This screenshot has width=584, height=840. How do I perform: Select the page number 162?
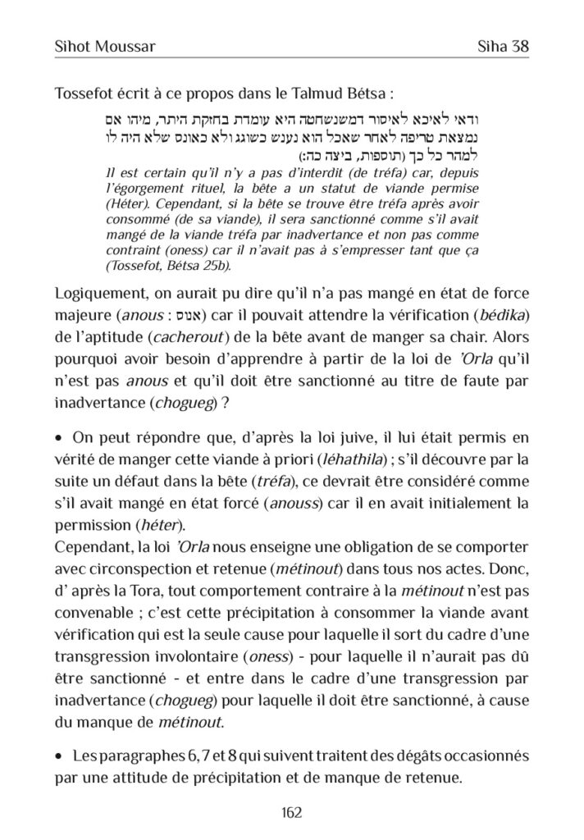pos(291,812)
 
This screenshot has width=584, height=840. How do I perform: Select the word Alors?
pos(509,337)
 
